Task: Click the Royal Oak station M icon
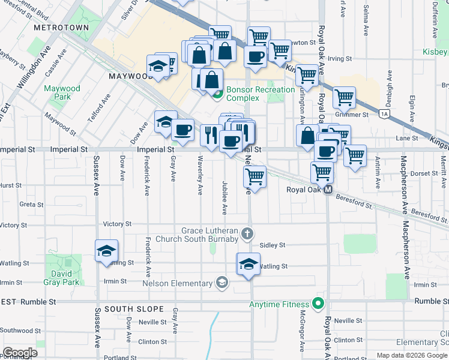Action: click(x=328, y=190)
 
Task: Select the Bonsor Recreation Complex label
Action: click(x=260, y=94)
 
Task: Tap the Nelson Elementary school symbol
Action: click(x=221, y=283)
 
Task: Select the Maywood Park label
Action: click(x=62, y=92)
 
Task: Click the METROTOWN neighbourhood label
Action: click(x=61, y=28)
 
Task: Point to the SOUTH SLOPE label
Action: click(x=134, y=309)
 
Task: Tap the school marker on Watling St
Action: click(x=249, y=265)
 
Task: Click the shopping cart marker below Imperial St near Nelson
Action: click(x=255, y=177)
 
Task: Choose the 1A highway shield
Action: click(x=385, y=113)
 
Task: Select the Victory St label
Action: click(x=117, y=224)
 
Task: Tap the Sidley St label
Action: click(x=273, y=245)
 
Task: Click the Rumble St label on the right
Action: click(x=427, y=301)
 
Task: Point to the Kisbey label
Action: click(x=435, y=52)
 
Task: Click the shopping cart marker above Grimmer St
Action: click(x=345, y=97)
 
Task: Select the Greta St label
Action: click(x=28, y=204)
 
